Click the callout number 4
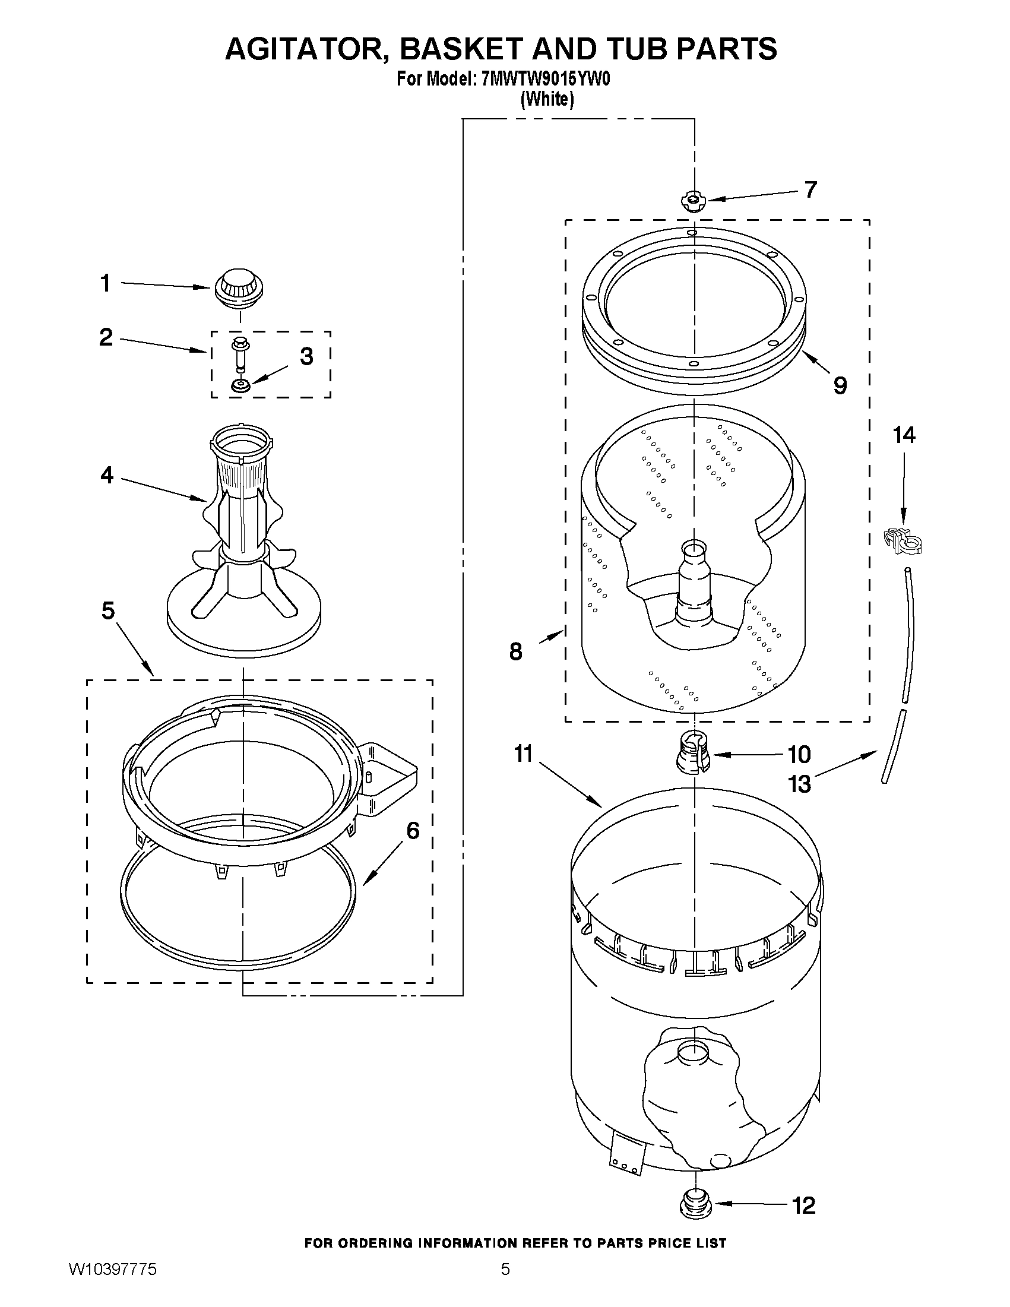click(106, 475)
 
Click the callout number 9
click(840, 385)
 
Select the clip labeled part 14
click(903, 540)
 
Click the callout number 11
click(523, 754)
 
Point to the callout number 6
click(413, 830)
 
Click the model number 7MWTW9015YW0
click(545, 80)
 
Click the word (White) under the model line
click(547, 99)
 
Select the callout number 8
click(516, 651)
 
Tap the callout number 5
click(107, 610)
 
